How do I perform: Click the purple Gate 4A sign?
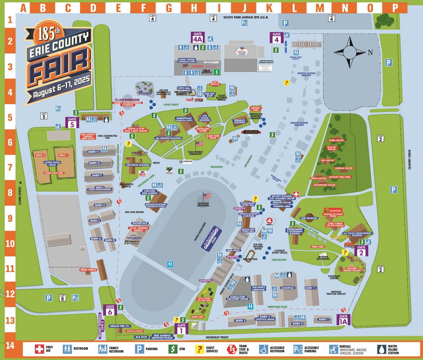(198, 37)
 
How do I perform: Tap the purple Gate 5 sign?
(72, 122)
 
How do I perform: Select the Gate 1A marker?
(343, 319)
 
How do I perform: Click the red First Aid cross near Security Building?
(296, 194)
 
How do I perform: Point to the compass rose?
(349, 52)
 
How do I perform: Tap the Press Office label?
(88, 270)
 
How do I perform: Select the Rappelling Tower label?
(203, 130)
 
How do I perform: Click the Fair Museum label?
(309, 218)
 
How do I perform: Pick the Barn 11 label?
(311, 288)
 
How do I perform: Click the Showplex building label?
(288, 288)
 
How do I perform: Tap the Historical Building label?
(138, 165)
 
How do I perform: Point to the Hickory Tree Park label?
(339, 177)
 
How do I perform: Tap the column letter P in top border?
(395, 8)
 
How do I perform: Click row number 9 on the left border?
(10, 218)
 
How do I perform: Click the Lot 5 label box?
(44, 116)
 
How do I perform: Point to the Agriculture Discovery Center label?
(238, 298)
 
